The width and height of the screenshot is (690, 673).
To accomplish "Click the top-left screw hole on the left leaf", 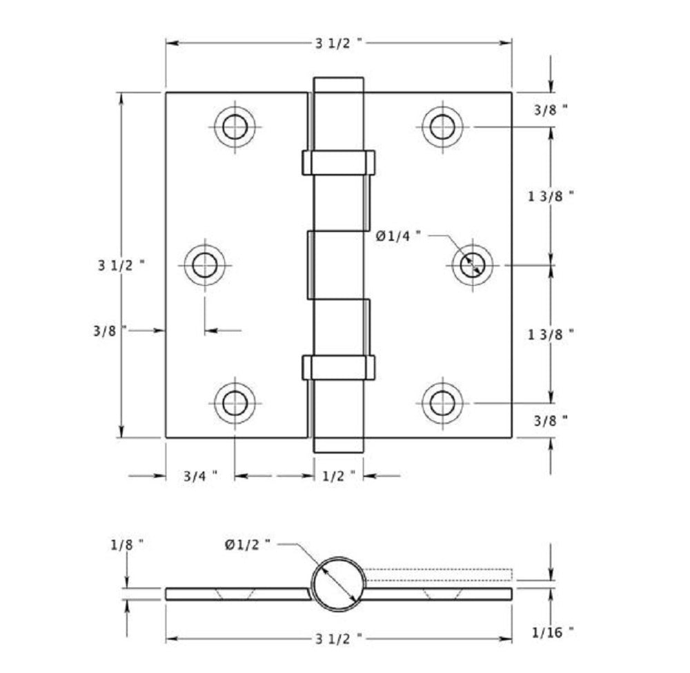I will click(235, 126).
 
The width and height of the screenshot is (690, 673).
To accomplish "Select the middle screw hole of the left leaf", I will click(205, 264).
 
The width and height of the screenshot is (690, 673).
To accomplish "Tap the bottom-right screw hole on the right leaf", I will click(442, 402).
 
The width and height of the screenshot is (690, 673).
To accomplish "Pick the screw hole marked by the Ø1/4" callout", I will click(473, 264).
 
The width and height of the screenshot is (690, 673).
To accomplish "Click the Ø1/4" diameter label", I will click(398, 236).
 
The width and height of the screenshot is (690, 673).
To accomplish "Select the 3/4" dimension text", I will click(200, 476).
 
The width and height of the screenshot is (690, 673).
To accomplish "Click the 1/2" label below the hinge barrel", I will click(338, 476).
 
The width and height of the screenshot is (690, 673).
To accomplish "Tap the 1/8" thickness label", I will click(126, 544).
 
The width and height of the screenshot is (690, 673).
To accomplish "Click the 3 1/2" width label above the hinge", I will click(338, 43).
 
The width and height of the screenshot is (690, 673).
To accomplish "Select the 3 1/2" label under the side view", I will click(338, 638).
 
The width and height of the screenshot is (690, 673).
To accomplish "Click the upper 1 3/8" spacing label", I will click(551, 196).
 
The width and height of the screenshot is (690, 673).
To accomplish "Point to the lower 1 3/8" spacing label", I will click(551, 334).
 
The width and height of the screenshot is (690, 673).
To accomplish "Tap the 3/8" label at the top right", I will click(551, 110).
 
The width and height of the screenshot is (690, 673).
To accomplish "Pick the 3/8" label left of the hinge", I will click(110, 331).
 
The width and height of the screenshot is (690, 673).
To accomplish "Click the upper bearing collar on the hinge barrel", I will click(338, 163).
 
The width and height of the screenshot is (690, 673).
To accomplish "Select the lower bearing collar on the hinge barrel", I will click(338, 367).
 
